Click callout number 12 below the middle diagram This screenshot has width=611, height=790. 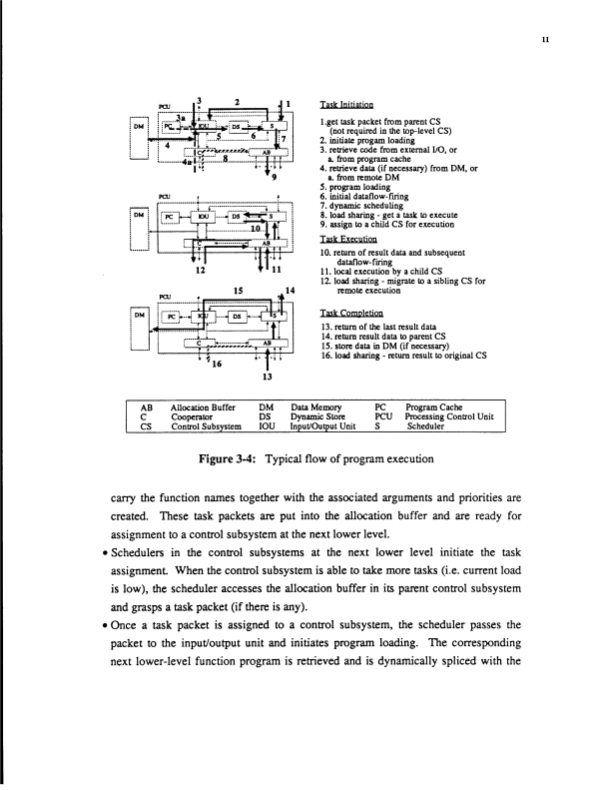point(201,270)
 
